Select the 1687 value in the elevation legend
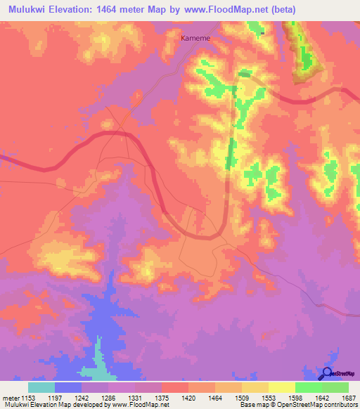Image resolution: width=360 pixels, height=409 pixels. (348, 398)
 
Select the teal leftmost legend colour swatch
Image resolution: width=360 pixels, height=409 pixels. (41, 387)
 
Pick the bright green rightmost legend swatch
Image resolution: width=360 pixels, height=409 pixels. (335, 387)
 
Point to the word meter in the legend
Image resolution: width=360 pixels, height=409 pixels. (10, 398)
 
